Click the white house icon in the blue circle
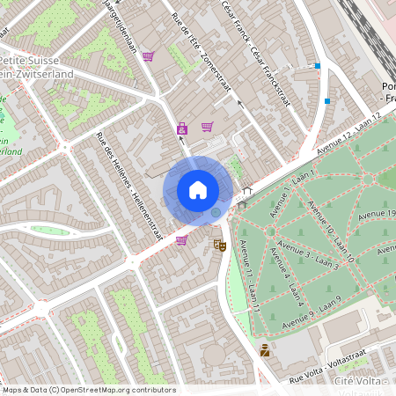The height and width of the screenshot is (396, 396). pyautogui.click(x=198, y=189)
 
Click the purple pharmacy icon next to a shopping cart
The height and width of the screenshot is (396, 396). pyautogui.click(x=182, y=128)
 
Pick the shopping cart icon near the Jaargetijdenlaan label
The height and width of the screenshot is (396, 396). pyautogui.click(x=148, y=56)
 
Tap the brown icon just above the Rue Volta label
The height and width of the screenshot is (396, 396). pyautogui.click(x=264, y=349)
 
